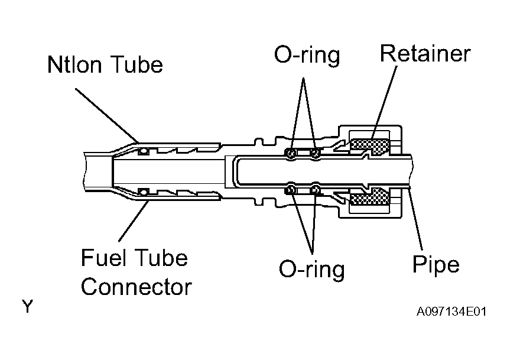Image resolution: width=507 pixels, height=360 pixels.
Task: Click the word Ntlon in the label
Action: pos(74,64)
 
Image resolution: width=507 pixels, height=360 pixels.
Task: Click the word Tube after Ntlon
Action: pos(136,64)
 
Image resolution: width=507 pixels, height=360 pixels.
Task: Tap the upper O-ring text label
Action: pos(307,56)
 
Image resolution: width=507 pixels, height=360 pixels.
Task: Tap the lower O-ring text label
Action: pos(311,269)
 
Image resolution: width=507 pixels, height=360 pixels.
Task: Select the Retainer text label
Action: pos(425,53)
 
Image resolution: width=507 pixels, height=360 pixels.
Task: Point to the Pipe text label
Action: pos(436,265)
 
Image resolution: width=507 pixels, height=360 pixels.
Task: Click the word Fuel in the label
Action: pos(103,258)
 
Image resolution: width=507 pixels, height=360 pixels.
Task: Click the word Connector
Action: pos(136,287)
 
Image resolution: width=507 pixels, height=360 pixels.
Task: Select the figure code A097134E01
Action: pos(451,312)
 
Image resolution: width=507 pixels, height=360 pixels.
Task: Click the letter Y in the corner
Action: pos(28,306)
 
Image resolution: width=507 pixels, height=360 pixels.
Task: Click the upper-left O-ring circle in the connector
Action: pos(291,153)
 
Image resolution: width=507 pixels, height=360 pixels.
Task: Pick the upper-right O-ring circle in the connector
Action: pos(316,153)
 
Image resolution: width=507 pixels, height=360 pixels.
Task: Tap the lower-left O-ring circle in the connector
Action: pos(291,190)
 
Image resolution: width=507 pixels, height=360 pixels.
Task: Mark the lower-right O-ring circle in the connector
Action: pos(316,190)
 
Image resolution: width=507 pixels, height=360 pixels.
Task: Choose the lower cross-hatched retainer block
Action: pos(370,197)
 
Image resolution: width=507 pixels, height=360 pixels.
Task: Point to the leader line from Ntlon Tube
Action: pos(107,115)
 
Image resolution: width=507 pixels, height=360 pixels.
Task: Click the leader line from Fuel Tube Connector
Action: pos(134,221)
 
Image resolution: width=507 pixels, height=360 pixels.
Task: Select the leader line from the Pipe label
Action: pos(416,219)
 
